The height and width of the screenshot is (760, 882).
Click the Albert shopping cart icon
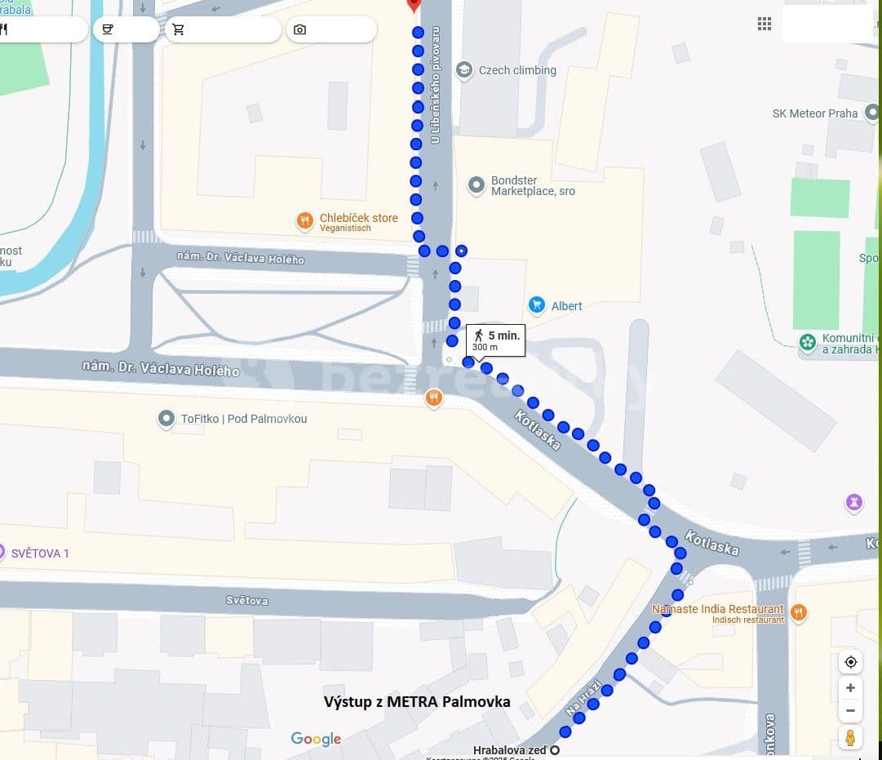pos(536,305)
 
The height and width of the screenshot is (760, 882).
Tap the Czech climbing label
pos(517,70)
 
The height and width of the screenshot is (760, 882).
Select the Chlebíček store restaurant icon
pos(305,220)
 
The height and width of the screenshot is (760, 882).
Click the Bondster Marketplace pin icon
pos(476,186)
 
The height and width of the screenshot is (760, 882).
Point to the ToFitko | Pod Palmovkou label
pos(243,419)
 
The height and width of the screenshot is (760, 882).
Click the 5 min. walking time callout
pos(495,340)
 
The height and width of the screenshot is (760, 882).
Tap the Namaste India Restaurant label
pos(717,609)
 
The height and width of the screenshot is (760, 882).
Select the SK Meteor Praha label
pos(814,113)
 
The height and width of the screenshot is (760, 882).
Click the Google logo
pos(316,739)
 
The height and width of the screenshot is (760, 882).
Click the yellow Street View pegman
pos(850,737)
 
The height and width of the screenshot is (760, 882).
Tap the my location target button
pos(850,662)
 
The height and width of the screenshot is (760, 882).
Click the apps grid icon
pos(765,24)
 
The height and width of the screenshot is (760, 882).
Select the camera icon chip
pos(300,29)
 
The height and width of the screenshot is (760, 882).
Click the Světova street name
pos(247,601)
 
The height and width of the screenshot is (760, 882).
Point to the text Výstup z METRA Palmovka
pos(417,701)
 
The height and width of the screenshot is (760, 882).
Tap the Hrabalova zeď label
pos(511,749)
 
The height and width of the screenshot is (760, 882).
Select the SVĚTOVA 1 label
pos(40,553)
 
